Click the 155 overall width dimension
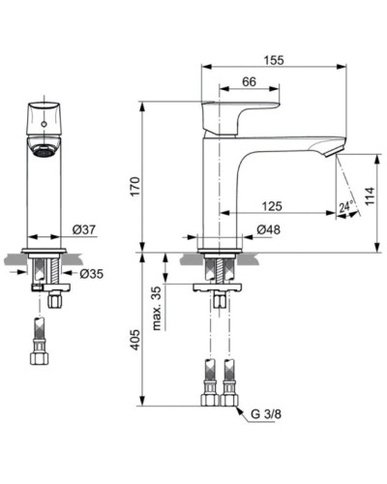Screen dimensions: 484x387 (273, 60)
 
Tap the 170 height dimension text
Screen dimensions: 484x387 (135, 183)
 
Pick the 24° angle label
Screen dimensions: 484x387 (345, 206)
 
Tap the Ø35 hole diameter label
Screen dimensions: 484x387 (91, 274)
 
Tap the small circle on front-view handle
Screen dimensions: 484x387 (44, 123)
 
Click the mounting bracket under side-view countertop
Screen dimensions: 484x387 (219, 288)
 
